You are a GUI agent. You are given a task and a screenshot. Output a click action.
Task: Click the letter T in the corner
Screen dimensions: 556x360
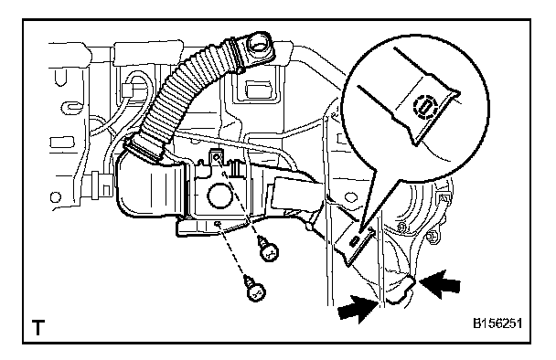(38, 327)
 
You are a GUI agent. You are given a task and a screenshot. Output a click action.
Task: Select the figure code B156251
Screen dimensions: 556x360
(497, 323)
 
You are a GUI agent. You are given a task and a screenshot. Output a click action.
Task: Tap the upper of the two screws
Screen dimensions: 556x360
(268, 249)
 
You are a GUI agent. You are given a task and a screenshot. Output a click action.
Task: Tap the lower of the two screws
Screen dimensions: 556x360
(255, 290)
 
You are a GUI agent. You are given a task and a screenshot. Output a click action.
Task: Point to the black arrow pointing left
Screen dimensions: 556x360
(440, 284)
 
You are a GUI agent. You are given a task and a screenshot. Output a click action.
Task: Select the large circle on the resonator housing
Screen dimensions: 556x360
(220, 196)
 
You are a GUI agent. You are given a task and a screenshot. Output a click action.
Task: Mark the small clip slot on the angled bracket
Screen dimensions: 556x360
(354, 241)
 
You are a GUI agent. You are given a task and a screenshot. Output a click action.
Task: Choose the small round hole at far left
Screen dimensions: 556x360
(56, 197)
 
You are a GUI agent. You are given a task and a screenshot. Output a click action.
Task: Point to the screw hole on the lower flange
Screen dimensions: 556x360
(218, 223)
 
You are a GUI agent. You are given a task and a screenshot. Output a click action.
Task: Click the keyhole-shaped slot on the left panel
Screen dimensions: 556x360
(71, 106)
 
